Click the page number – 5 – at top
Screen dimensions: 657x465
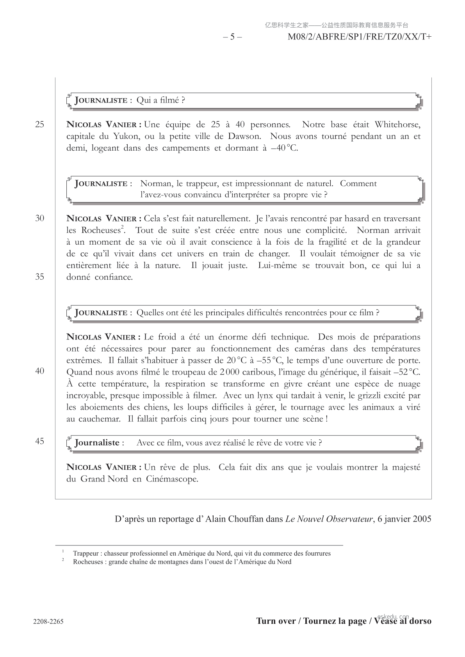(232, 37)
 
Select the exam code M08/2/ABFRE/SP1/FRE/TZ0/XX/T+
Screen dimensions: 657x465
(359, 37)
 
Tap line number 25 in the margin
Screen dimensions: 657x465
(40, 124)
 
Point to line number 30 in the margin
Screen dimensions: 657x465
(40, 218)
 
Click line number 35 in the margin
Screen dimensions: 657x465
(40, 277)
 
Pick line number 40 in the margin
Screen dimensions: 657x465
(40, 371)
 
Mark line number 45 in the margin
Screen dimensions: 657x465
(40, 441)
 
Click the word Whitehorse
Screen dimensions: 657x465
(397, 124)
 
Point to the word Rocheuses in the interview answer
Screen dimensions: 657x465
(100, 231)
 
